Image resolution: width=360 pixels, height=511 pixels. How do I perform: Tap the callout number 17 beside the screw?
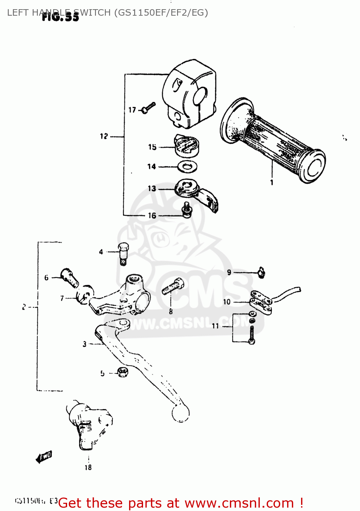[x=132, y=110]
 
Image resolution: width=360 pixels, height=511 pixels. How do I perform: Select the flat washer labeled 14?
[x=187, y=167]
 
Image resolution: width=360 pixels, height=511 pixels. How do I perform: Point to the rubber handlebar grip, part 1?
[x=272, y=141]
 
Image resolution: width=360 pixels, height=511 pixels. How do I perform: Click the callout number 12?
[x=104, y=136]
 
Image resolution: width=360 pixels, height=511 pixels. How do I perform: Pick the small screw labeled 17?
[x=149, y=107]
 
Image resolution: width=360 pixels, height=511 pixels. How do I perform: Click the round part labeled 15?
[x=186, y=145]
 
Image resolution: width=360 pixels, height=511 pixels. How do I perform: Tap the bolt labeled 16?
[x=187, y=210]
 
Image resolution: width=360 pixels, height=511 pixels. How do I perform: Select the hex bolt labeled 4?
[x=123, y=254]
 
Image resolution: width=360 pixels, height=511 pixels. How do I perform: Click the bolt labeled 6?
[x=69, y=277]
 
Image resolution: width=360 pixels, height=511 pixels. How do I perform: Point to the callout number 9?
[x=229, y=272]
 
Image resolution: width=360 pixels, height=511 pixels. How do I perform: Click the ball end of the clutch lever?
[x=181, y=413]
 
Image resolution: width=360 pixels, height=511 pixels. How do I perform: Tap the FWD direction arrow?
[x=44, y=457]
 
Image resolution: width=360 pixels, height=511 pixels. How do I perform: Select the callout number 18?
[x=88, y=467]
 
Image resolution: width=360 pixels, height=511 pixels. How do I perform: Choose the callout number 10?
[x=227, y=302]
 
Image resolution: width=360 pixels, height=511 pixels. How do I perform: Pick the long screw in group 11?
[x=252, y=334]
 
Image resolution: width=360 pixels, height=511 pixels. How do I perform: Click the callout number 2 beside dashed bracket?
[x=24, y=307]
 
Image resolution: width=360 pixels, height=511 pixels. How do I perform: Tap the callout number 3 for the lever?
[x=84, y=344]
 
